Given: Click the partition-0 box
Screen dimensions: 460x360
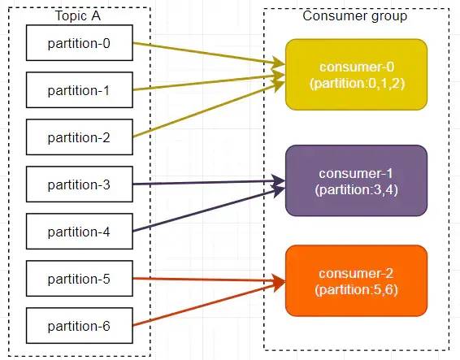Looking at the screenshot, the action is tap(80, 43).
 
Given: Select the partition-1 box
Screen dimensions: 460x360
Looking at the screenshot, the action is tap(80, 89).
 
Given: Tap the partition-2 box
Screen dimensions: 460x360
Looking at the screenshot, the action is tap(80, 137).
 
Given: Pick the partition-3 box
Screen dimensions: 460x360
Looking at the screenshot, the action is tap(80, 184).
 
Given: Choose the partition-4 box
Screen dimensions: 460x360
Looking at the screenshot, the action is tap(80, 232).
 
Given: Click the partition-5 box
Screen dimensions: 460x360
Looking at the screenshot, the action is tap(80, 279).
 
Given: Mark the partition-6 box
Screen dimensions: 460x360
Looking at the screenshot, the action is tap(80, 326).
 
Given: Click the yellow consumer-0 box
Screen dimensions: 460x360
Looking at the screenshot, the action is tap(356, 75).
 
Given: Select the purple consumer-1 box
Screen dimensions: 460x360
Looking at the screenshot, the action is tap(356, 180).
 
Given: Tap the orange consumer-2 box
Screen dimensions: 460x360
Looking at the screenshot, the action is tap(356, 281).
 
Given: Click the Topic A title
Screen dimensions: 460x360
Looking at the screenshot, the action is tap(78, 15).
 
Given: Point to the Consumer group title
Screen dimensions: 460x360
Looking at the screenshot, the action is tap(355, 16).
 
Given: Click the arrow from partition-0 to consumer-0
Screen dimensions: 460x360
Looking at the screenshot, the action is tap(209, 54).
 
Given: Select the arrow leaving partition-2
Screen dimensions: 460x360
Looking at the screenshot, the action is tap(209, 110).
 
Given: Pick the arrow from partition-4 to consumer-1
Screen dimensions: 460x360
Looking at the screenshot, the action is tap(209, 210).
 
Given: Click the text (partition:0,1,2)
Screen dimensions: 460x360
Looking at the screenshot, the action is tap(358, 84).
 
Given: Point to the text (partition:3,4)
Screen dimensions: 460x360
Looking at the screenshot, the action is tap(357, 190).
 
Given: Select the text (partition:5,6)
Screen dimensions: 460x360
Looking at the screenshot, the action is tap(357, 290).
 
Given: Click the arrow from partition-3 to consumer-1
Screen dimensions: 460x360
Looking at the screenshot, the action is tap(209, 183).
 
